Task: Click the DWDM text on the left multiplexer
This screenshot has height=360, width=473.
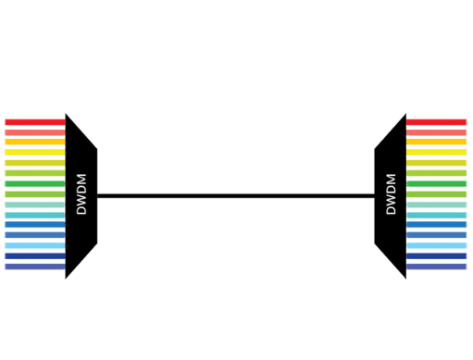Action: [81, 195]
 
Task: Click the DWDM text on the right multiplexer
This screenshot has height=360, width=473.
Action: [390, 193]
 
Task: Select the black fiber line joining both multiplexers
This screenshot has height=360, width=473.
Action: [236, 195]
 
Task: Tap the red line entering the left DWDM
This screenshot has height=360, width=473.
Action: [33, 121]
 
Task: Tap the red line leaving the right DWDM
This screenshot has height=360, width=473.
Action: [436, 121]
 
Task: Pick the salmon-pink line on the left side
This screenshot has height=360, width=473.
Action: [33, 132]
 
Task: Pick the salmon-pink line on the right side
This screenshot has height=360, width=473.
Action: [436, 132]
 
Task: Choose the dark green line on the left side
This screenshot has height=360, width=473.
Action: [33, 183]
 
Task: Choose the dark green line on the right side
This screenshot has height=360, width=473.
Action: [436, 183]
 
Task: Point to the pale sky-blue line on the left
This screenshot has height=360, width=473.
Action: [33, 215]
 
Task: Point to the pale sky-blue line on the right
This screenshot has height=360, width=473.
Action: [436, 215]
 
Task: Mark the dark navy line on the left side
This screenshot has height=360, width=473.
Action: [33, 256]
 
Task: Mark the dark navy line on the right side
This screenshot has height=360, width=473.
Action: [436, 256]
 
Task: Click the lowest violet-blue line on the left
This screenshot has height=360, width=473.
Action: [33, 267]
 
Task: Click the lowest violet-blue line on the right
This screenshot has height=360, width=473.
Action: [436, 267]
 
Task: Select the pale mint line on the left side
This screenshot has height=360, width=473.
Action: [33, 205]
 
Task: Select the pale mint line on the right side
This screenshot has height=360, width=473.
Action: [436, 205]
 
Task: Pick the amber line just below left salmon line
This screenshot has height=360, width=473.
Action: [33, 143]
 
